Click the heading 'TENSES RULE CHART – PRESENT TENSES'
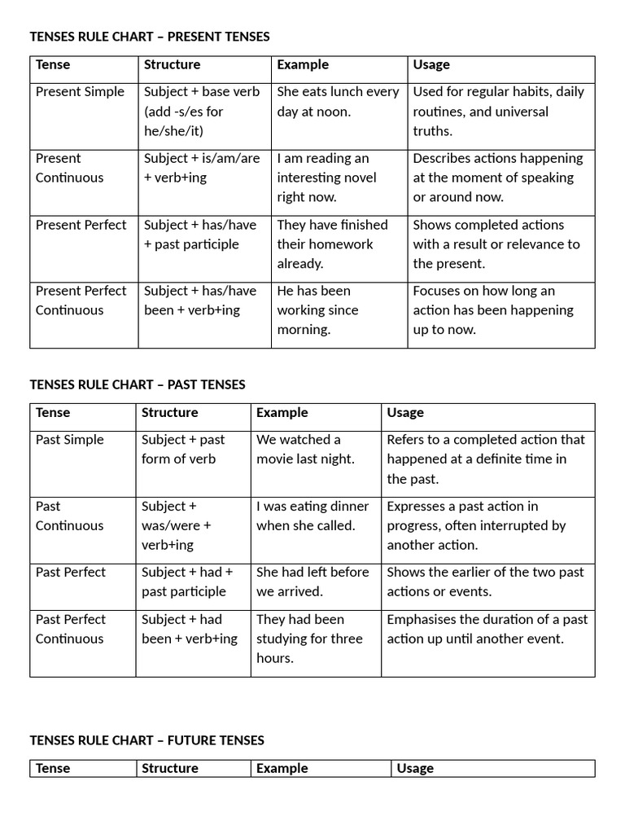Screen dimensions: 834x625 150,37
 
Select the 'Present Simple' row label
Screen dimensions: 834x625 80,92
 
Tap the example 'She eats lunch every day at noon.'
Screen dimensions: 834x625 338,102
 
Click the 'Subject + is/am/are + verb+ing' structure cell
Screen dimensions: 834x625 202,168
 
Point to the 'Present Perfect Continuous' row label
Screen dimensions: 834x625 81,301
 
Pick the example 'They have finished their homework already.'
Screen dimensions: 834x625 332,244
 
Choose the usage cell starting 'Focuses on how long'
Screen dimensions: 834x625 492,310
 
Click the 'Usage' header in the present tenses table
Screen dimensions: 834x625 431,65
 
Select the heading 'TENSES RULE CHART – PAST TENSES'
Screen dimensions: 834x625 138,384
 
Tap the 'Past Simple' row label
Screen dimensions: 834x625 70,440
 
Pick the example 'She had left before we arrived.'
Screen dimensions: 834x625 312,582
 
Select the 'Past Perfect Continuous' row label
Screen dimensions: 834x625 71,629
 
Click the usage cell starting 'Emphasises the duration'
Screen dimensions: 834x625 487,629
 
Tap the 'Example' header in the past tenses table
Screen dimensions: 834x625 282,413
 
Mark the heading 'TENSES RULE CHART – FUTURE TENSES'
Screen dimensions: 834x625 147,740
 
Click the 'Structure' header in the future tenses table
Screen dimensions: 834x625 170,769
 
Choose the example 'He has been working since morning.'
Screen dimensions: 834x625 317,310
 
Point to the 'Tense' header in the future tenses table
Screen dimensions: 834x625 53,769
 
